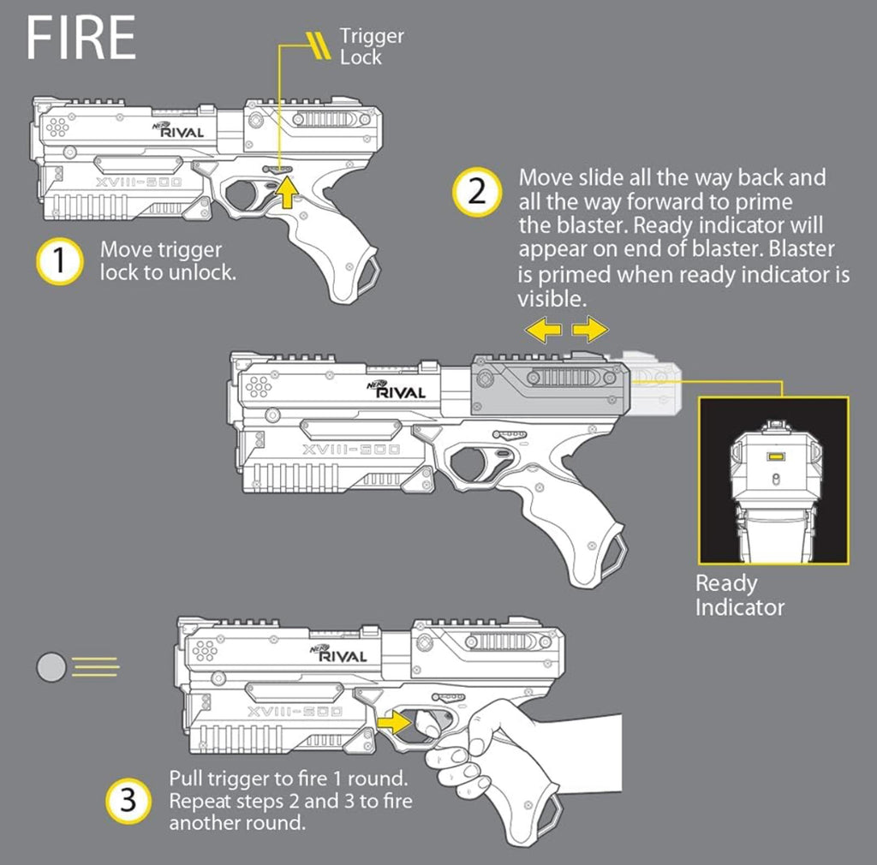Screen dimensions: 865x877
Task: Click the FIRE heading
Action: coord(81,38)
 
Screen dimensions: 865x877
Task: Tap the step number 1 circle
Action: coord(58,261)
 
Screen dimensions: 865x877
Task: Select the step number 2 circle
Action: coord(477,192)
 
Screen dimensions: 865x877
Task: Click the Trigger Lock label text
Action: coord(371,46)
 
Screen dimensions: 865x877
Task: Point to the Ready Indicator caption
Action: coord(739,596)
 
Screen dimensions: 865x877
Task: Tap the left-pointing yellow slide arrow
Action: coord(544,330)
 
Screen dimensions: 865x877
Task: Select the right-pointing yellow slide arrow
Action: coord(590,330)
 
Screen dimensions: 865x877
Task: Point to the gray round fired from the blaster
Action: coord(51,665)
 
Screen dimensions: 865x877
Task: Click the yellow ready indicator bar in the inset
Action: coord(774,456)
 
